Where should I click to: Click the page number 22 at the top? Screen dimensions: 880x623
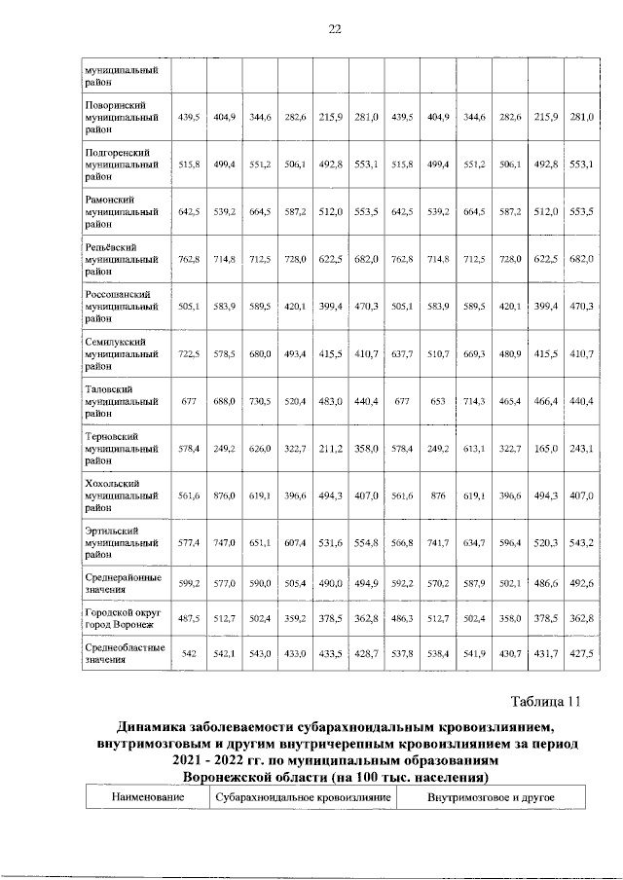click(334, 29)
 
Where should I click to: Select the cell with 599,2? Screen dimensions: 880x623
click(189, 583)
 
